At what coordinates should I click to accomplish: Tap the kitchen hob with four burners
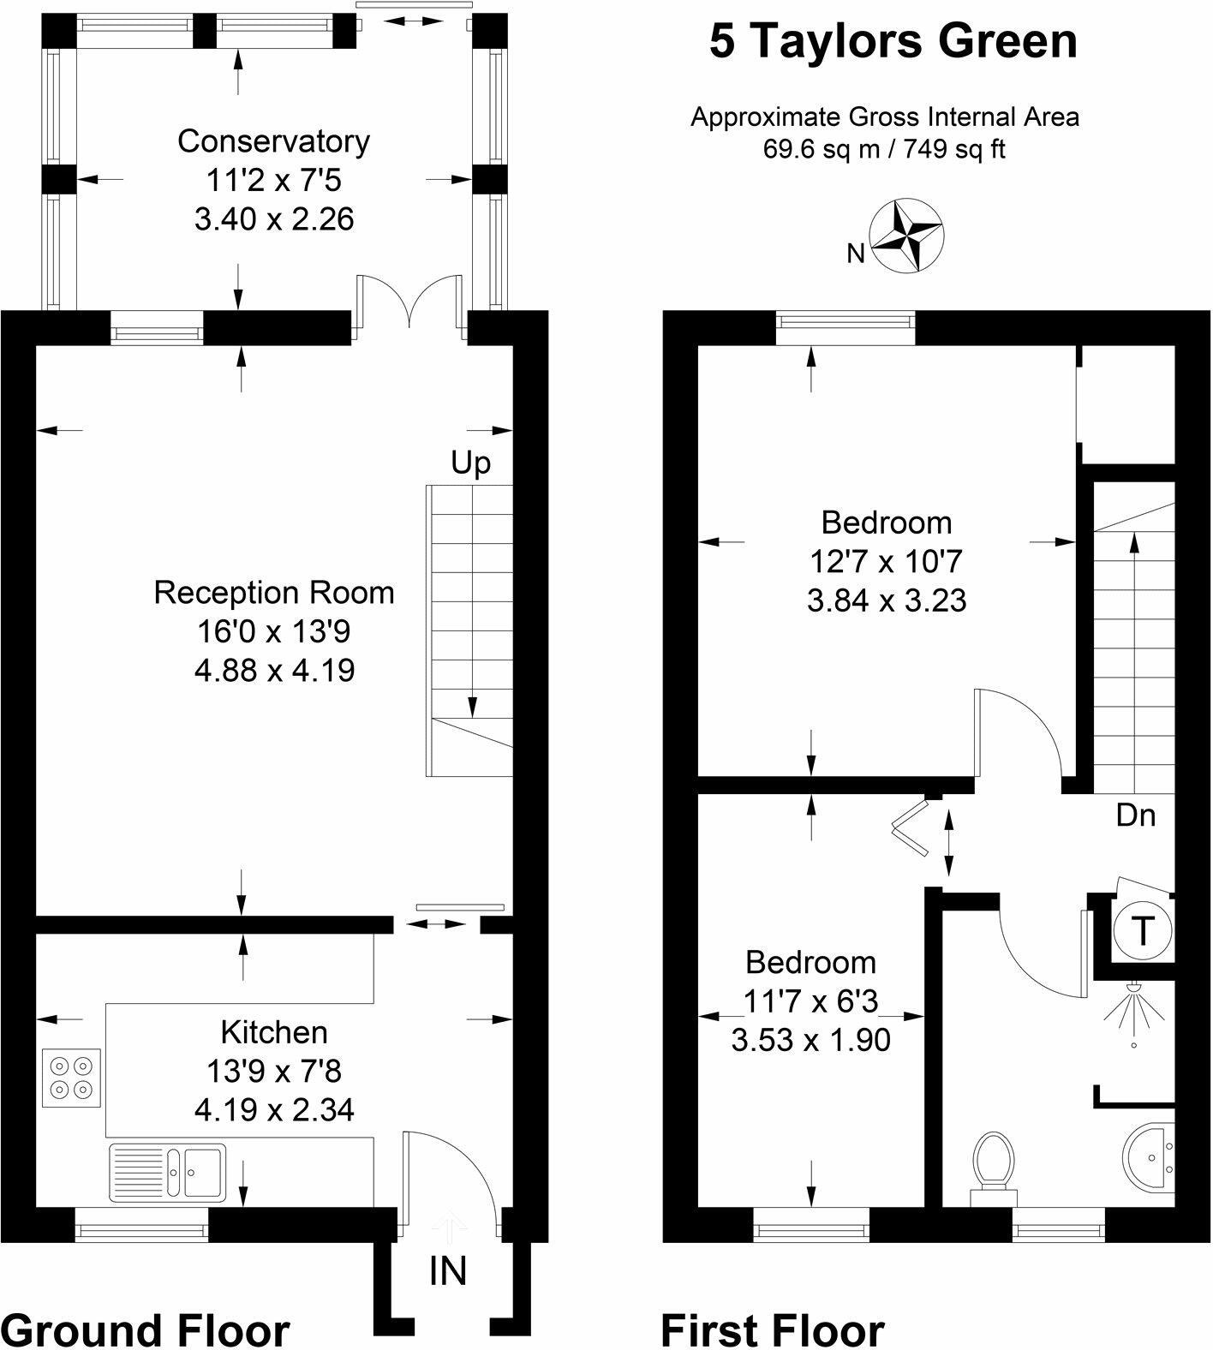click(x=71, y=1078)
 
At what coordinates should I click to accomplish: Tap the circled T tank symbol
click(x=1142, y=930)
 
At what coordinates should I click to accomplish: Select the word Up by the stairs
click(x=471, y=463)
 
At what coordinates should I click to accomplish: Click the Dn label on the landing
click(x=1136, y=815)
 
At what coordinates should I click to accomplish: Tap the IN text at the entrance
click(x=448, y=1271)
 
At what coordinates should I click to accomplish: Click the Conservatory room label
click(x=273, y=141)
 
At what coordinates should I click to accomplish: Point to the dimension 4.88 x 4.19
click(x=274, y=670)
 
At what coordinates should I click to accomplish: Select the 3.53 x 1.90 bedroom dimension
click(x=810, y=1040)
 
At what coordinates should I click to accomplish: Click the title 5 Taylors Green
click(x=893, y=42)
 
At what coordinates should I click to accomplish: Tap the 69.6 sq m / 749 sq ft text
click(x=884, y=149)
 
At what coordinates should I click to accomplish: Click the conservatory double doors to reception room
click(x=411, y=300)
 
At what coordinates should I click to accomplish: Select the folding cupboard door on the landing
click(x=913, y=827)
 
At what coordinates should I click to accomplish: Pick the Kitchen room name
click(x=274, y=1032)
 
